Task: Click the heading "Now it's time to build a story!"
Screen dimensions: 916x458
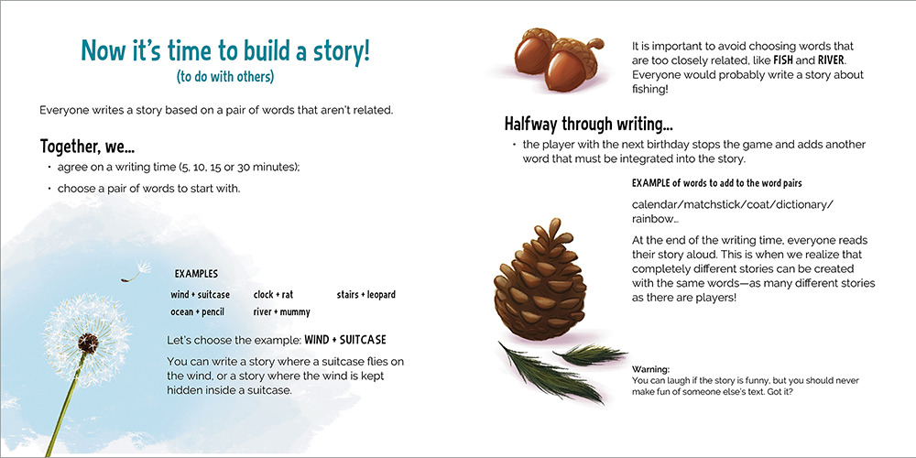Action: (x=225, y=50)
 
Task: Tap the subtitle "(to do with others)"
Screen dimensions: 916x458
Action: (x=225, y=77)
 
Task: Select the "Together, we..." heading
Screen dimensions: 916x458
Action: (x=88, y=146)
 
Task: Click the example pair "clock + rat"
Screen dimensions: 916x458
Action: (x=273, y=294)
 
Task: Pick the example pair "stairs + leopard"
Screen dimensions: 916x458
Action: (x=366, y=294)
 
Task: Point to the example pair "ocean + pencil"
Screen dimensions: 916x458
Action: (x=198, y=312)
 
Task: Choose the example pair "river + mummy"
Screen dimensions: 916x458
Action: (x=281, y=312)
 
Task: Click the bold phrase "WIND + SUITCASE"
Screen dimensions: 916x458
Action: (x=345, y=340)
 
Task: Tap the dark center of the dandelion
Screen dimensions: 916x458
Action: (x=88, y=343)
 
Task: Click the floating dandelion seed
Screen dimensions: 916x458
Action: (x=136, y=270)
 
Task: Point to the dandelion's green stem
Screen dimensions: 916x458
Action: (x=66, y=404)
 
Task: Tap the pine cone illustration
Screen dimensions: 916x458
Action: (x=540, y=278)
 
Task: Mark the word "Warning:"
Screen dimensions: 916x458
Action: (x=650, y=369)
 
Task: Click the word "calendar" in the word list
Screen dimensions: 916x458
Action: (x=653, y=205)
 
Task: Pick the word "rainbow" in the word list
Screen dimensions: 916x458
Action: (x=652, y=220)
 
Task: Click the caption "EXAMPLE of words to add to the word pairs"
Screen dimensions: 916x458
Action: (x=717, y=183)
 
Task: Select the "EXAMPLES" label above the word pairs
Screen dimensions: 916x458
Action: (x=196, y=274)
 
